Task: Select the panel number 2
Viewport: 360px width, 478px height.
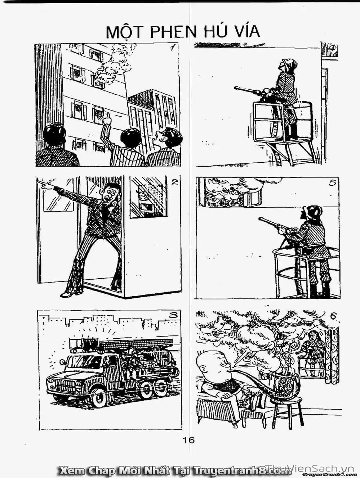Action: click(174, 182)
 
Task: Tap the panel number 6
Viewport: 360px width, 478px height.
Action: click(333, 316)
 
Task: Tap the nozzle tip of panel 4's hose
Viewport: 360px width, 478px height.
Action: click(236, 88)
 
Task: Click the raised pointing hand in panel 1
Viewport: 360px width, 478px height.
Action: click(107, 118)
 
